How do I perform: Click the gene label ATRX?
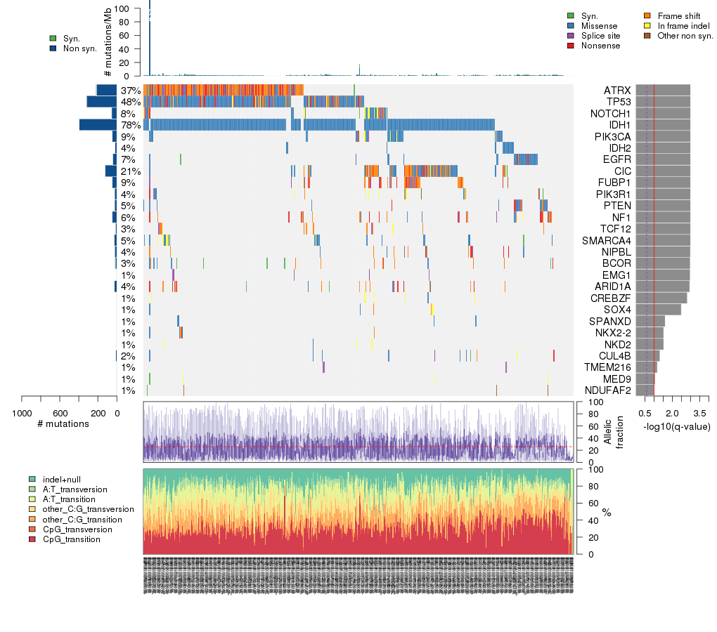pyautogui.click(x=617, y=91)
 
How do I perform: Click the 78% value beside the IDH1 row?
pyautogui.click(x=131, y=125)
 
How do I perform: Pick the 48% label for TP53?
pyautogui.click(x=131, y=102)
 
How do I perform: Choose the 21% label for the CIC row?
pyautogui.click(x=131, y=171)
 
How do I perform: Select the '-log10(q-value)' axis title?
pyautogui.click(x=677, y=426)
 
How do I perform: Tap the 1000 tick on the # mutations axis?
pyautogui.click(x=22, y=412)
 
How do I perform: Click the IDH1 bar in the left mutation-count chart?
pyautogui.click(x=98, y=125)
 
